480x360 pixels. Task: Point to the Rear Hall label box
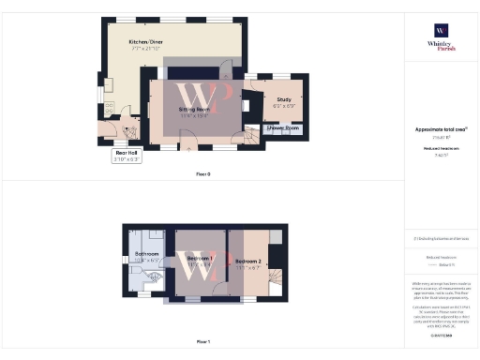127,155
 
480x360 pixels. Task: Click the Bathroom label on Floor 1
148,254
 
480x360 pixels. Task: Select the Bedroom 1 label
199,259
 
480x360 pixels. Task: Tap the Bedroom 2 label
247,261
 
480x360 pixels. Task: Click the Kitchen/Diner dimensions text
144,49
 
